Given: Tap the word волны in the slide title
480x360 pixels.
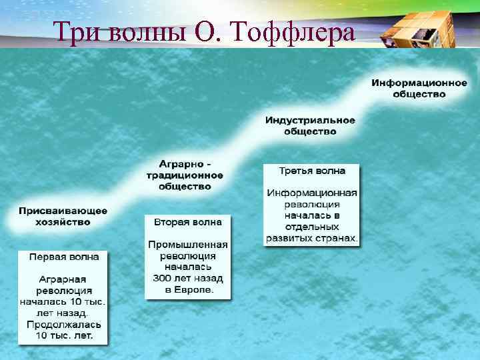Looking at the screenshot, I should tap(145, 31).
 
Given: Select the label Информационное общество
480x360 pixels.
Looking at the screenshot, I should tap(419, 88).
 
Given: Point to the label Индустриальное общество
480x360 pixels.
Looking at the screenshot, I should tap(310, 126).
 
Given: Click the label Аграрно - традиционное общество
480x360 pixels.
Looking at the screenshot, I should tap(185, 175).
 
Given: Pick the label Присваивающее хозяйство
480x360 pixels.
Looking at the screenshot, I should tap(63, 216).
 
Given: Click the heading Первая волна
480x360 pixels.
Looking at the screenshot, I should tap(64, 256).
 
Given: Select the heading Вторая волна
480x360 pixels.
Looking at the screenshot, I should tap(188, 221).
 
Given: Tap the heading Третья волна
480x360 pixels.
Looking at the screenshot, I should tap(311, 171).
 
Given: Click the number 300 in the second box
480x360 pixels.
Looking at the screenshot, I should tap(164, 278).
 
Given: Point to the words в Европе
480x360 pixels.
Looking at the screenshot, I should tap(189, 289).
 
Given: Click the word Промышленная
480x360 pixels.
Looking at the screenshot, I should tap(188, 244).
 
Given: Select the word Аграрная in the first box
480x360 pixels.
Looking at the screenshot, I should tap(62, 279).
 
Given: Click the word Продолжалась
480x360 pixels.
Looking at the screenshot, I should tap(64, 325).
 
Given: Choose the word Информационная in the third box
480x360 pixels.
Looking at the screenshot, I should tap(312, 193).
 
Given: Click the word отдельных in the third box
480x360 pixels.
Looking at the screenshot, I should tap(312, 227).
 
